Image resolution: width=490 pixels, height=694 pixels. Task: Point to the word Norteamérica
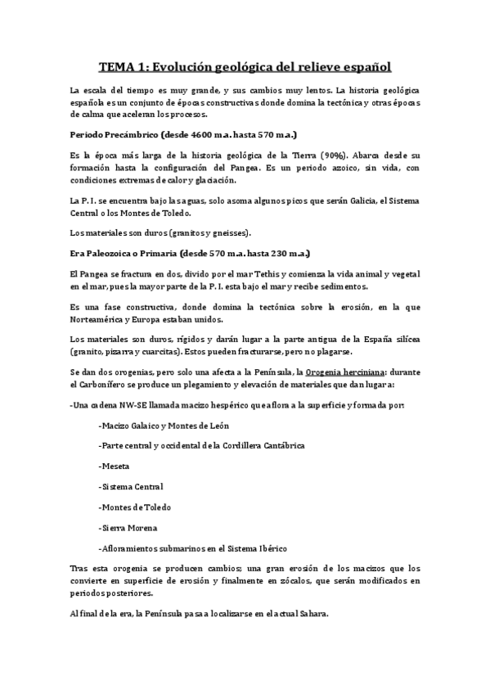click(101, 318)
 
